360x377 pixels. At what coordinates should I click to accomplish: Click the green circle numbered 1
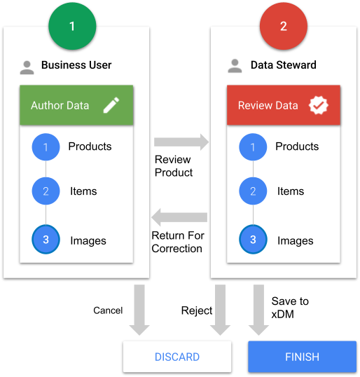[x=72, y=26]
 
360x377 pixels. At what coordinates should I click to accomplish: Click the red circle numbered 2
[x=284, y=26]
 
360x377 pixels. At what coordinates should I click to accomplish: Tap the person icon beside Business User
[x=27, y=67]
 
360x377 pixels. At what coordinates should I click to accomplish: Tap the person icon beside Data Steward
[x=235, y=66]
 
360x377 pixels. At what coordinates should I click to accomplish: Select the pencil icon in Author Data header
[x=111, y=105]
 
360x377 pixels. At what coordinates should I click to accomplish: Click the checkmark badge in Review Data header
[x=319, y=105]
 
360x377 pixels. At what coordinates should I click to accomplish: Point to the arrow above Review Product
[x=181, y=142]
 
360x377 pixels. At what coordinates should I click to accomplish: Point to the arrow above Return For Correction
[x=179, y=217]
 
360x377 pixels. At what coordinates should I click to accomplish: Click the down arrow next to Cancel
[x=139, y=310]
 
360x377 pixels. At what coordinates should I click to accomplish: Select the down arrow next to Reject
[x=220, y=310]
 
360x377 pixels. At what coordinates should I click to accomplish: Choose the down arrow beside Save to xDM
[x=258, y=310]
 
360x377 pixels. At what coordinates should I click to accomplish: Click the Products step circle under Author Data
[x=46, y=147]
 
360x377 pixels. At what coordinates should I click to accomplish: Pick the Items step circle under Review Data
[x=253, y=191]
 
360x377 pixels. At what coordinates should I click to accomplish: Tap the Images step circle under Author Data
[x=46, y=240]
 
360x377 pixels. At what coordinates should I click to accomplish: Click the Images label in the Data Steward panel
[x=296, y=241]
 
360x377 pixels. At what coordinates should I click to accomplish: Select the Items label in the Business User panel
[x=83, y=191]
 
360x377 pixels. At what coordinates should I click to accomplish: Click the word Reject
[x=197, y=311]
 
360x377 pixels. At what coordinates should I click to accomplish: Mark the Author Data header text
[x=60, y=105]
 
